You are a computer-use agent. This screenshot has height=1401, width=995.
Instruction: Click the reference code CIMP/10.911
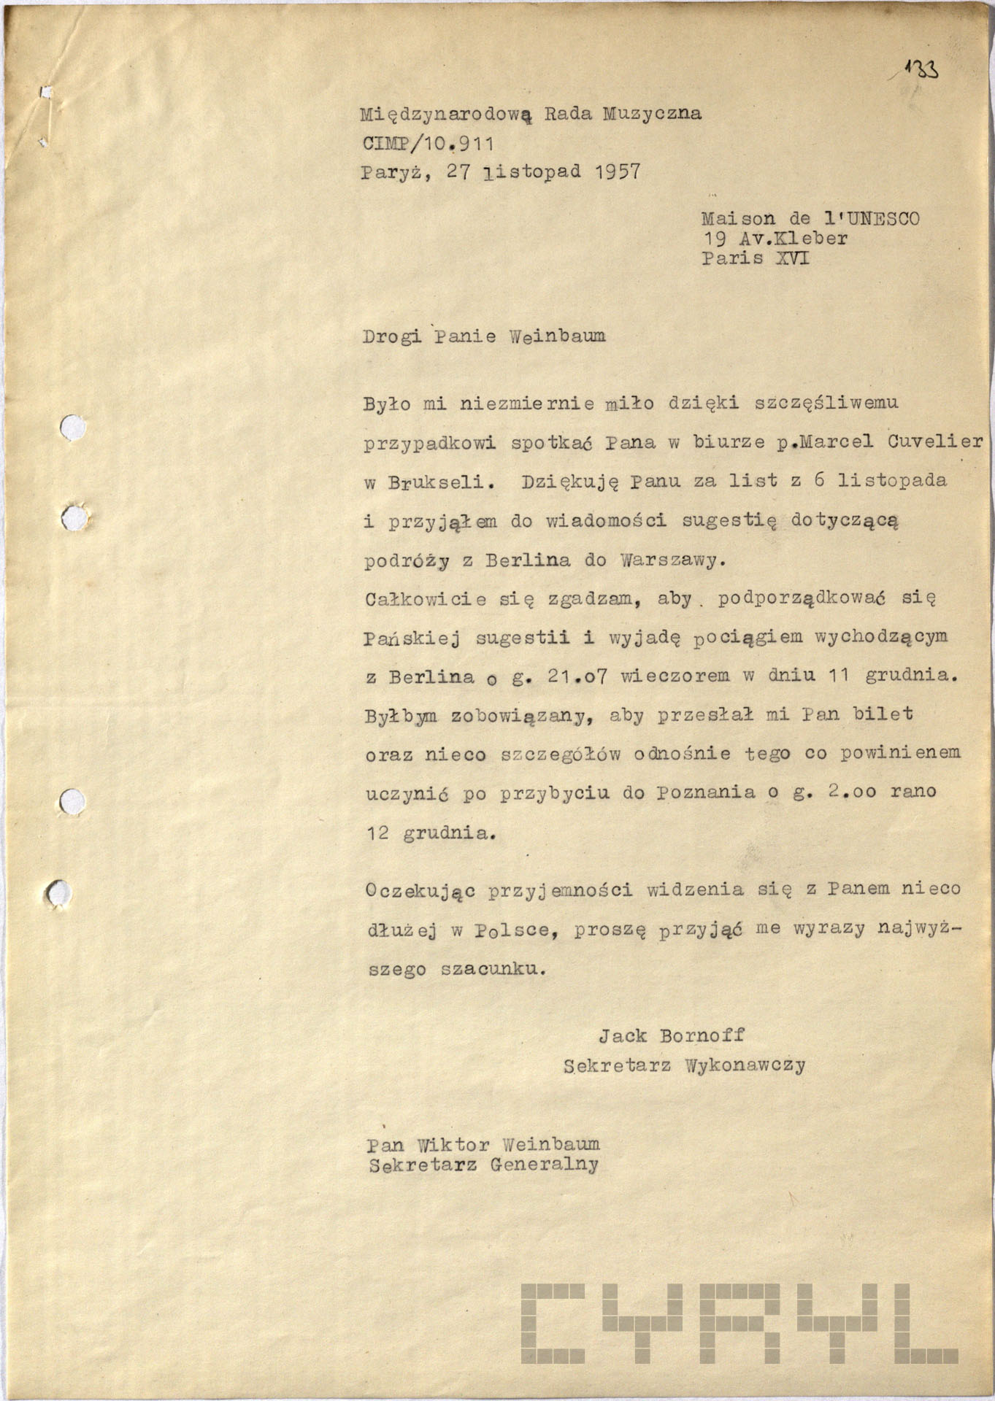428,143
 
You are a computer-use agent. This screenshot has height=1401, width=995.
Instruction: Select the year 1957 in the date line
616,172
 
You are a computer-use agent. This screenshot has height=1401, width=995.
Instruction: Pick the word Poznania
706,792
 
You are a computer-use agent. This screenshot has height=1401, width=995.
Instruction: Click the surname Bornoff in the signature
702,1035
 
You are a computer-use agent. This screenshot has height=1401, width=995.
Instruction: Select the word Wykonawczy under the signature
745,1065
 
